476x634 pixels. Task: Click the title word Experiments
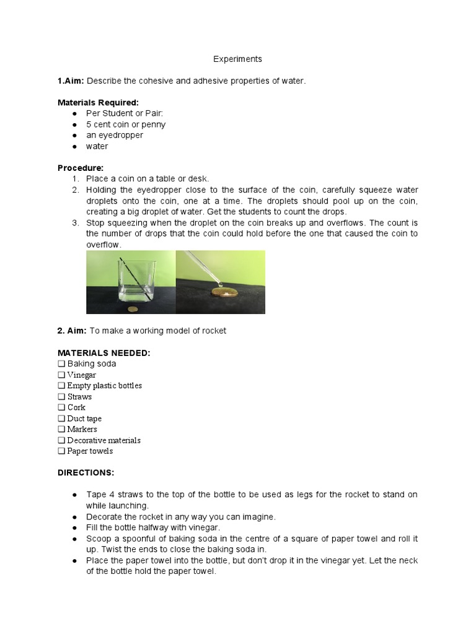point(237,59)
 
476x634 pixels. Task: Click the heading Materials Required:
point(98,102)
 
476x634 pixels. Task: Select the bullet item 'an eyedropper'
point(114,135)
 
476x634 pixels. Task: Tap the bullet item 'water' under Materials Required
point(97,146)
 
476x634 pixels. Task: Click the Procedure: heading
point(81,168)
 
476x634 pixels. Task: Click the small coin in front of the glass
point(131,308)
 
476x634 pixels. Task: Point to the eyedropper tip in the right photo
point(213,280)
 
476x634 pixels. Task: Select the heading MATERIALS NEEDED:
point(104,353)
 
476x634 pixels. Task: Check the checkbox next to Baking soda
point(61,364)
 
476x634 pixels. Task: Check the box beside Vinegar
point(61,375)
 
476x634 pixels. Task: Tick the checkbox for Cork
point(61,407)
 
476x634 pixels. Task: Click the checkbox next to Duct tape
point(61,419)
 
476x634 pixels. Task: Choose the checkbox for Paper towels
point(61,451)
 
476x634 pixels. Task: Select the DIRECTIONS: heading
point(86,472)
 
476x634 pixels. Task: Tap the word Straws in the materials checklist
point(79,396)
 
